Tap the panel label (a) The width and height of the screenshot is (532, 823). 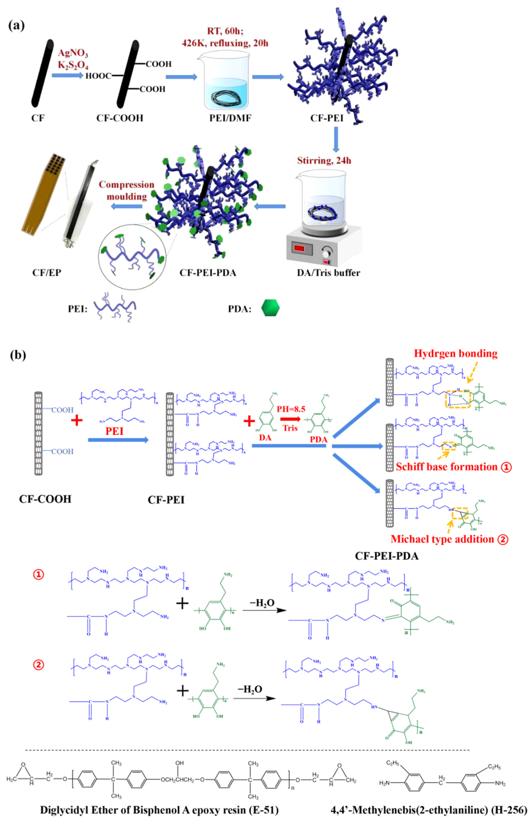tap(16, 26)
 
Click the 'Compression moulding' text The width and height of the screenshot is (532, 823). tap(126, 190)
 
